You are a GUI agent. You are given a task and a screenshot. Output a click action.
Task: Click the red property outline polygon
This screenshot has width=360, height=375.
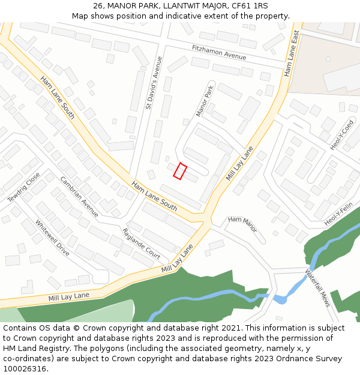click(x=180, y=171)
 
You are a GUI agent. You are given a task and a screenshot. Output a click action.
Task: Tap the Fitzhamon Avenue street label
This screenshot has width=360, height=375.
click(x=219, y=52)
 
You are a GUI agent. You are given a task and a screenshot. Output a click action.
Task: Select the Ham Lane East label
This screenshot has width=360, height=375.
click(x=292, y=53)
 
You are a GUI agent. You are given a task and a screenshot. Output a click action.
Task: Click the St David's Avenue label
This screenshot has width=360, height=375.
click(x=154, y=83)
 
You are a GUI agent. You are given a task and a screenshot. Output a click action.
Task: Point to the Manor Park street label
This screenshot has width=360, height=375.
click(x=205, y=101)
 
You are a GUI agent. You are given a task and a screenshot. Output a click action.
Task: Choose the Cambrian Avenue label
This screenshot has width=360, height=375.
click(x=79, y=196)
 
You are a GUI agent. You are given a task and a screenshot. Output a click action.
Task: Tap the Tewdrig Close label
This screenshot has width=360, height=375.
click(x=23, y=187)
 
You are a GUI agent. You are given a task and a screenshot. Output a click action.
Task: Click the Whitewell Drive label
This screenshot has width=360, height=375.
click(x=52, y=238)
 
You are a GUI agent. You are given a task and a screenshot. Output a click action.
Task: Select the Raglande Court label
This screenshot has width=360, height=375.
click(x=141, y=244)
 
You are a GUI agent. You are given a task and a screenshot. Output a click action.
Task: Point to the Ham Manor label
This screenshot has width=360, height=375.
click(x=242, y=224)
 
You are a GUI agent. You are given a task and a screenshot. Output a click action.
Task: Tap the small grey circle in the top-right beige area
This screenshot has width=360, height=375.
click(x=328, y=59)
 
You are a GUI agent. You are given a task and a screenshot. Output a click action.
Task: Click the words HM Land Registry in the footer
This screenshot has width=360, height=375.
click(x=31, y=349)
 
